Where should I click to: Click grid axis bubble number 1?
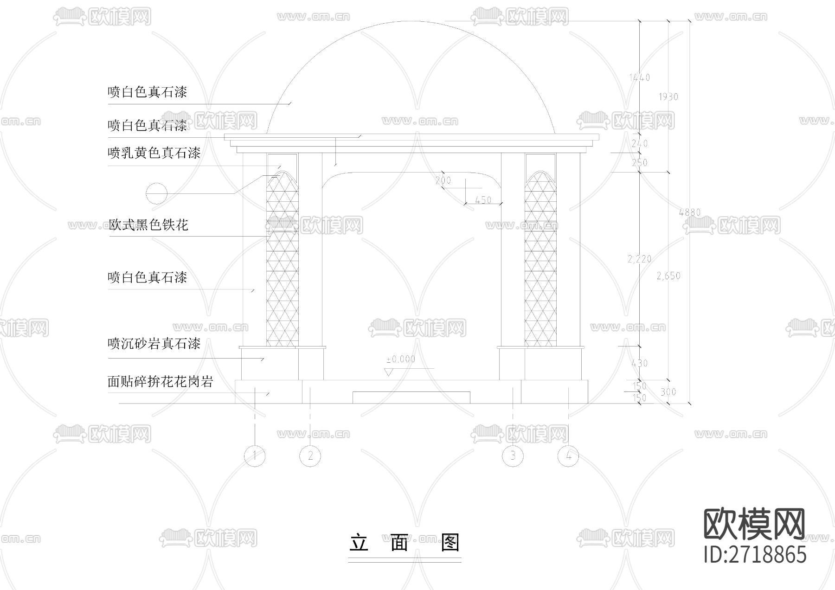tap(254, 455)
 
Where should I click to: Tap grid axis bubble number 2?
tap(310, 455)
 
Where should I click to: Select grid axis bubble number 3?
tap(513, 455)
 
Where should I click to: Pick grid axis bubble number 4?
tap(569, 456)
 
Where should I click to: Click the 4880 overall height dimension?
tap(689, 212)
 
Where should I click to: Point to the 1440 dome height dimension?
tap(639, 77)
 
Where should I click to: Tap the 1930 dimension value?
tap(668, 96)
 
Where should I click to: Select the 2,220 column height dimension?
tap(639, 259)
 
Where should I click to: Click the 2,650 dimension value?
tap(668, 276)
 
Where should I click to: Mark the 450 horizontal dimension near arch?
tap(483, 200)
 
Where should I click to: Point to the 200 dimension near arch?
tap(443, 180)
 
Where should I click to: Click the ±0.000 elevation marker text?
tap(401, 359)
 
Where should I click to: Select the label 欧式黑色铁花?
tap(148, 225)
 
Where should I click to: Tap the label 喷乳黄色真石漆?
tap(154, 153)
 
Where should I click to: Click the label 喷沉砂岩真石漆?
tap(154, 344)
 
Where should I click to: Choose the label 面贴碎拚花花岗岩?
tap(161, 382)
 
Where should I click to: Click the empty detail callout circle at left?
tap(156, 193)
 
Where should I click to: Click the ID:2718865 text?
tap(755, 555)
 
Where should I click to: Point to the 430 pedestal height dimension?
tap(639, 363)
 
